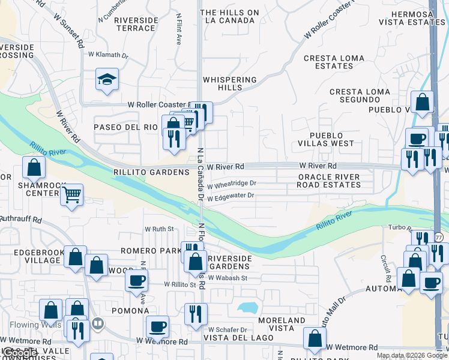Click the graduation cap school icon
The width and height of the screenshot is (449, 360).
[107, 80]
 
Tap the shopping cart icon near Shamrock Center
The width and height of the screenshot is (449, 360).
[71, 194]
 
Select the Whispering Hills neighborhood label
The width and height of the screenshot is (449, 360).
[229, 83]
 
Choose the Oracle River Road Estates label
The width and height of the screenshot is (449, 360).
[328, 181]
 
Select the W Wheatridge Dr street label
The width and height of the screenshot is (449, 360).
[232, 183]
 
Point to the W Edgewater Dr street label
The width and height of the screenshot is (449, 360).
[231, 196]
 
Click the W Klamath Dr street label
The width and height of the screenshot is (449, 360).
[109, 55]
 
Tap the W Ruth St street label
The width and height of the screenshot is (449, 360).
[158, 229]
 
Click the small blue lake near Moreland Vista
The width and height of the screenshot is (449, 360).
[248, 308]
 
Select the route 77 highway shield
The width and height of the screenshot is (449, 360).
[439, 237]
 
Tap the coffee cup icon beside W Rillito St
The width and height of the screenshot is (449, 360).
[137, 280]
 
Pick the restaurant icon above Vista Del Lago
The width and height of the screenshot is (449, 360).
[196, 314]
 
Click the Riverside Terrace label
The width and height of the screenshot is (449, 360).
[136, 24]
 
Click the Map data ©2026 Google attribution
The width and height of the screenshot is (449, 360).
[412, 355]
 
